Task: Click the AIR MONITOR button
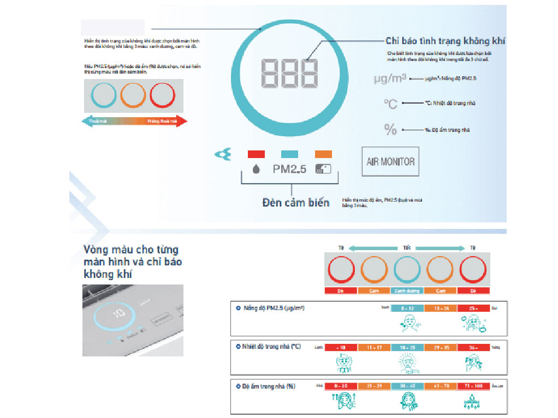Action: click(x=390, y=161)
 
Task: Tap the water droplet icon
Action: click(x=256, y=169)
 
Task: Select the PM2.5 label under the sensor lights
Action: click(x=289, y=169)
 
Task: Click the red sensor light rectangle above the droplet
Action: click(x=256, y=154)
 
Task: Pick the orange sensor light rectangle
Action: click(x=323, y=154)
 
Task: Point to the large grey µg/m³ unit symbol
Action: click(x=390, y=78)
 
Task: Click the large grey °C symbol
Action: click(x=390, y=104)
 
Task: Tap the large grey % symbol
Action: click(x=390, y=129)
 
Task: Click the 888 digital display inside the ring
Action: click(x=289, y=73)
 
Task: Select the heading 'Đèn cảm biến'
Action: click(x=296, y=203)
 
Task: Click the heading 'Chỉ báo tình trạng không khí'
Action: click(x=445, y=41)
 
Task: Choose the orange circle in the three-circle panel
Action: click(x=133, y=96)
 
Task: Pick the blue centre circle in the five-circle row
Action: click(x=407, y=269)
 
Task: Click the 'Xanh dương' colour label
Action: click(x=407, y=291)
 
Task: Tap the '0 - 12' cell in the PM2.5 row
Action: click(x=407, y=308)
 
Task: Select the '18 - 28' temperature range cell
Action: click(x=407, y=347)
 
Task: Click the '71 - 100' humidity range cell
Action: click(x=473, y=386)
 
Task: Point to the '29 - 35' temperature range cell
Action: click(x=440, y=347)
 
